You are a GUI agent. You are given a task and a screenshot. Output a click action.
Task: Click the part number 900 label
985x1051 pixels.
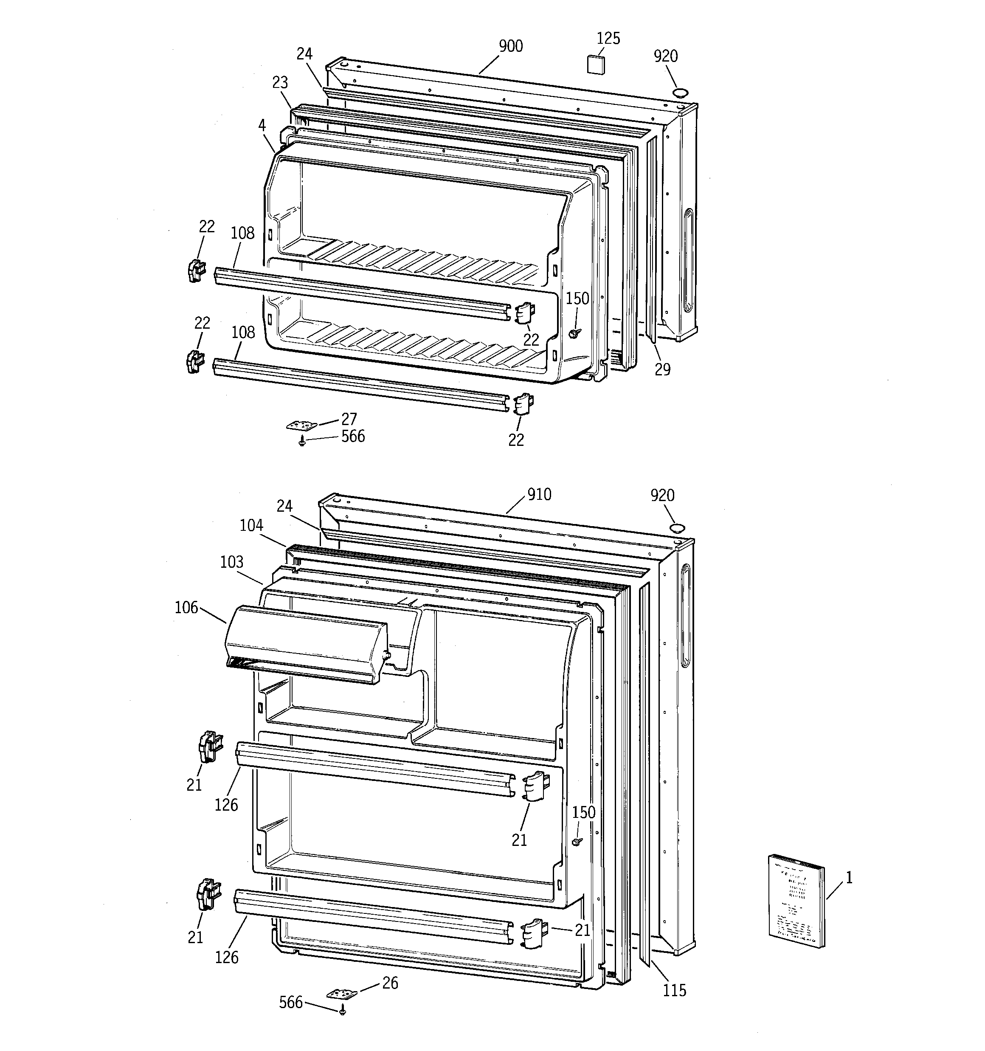pos(511,47)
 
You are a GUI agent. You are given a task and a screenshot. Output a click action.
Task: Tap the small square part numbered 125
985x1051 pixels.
pos(596,62)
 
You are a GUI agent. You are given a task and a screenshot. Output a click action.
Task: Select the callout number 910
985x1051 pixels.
pos(539,494)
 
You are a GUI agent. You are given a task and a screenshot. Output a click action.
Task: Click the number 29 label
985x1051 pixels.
pos(662,369)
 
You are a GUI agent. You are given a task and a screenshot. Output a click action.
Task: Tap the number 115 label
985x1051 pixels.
pos(675,990)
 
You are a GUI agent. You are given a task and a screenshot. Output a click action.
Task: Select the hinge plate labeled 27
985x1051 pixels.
pos(302,425)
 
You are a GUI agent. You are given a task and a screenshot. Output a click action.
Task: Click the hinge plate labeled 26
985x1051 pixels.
pos(341,994)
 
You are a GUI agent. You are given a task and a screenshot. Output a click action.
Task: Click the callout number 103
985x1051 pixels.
pos(231,561)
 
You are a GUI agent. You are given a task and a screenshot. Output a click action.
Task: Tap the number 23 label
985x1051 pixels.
pos(280,82)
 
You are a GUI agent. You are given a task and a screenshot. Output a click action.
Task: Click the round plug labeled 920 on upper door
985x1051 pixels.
pos(679,93)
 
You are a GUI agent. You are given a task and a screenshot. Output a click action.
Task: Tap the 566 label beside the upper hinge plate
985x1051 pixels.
pos(353,436)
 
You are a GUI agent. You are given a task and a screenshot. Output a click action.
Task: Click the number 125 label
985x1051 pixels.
pos(608,39)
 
